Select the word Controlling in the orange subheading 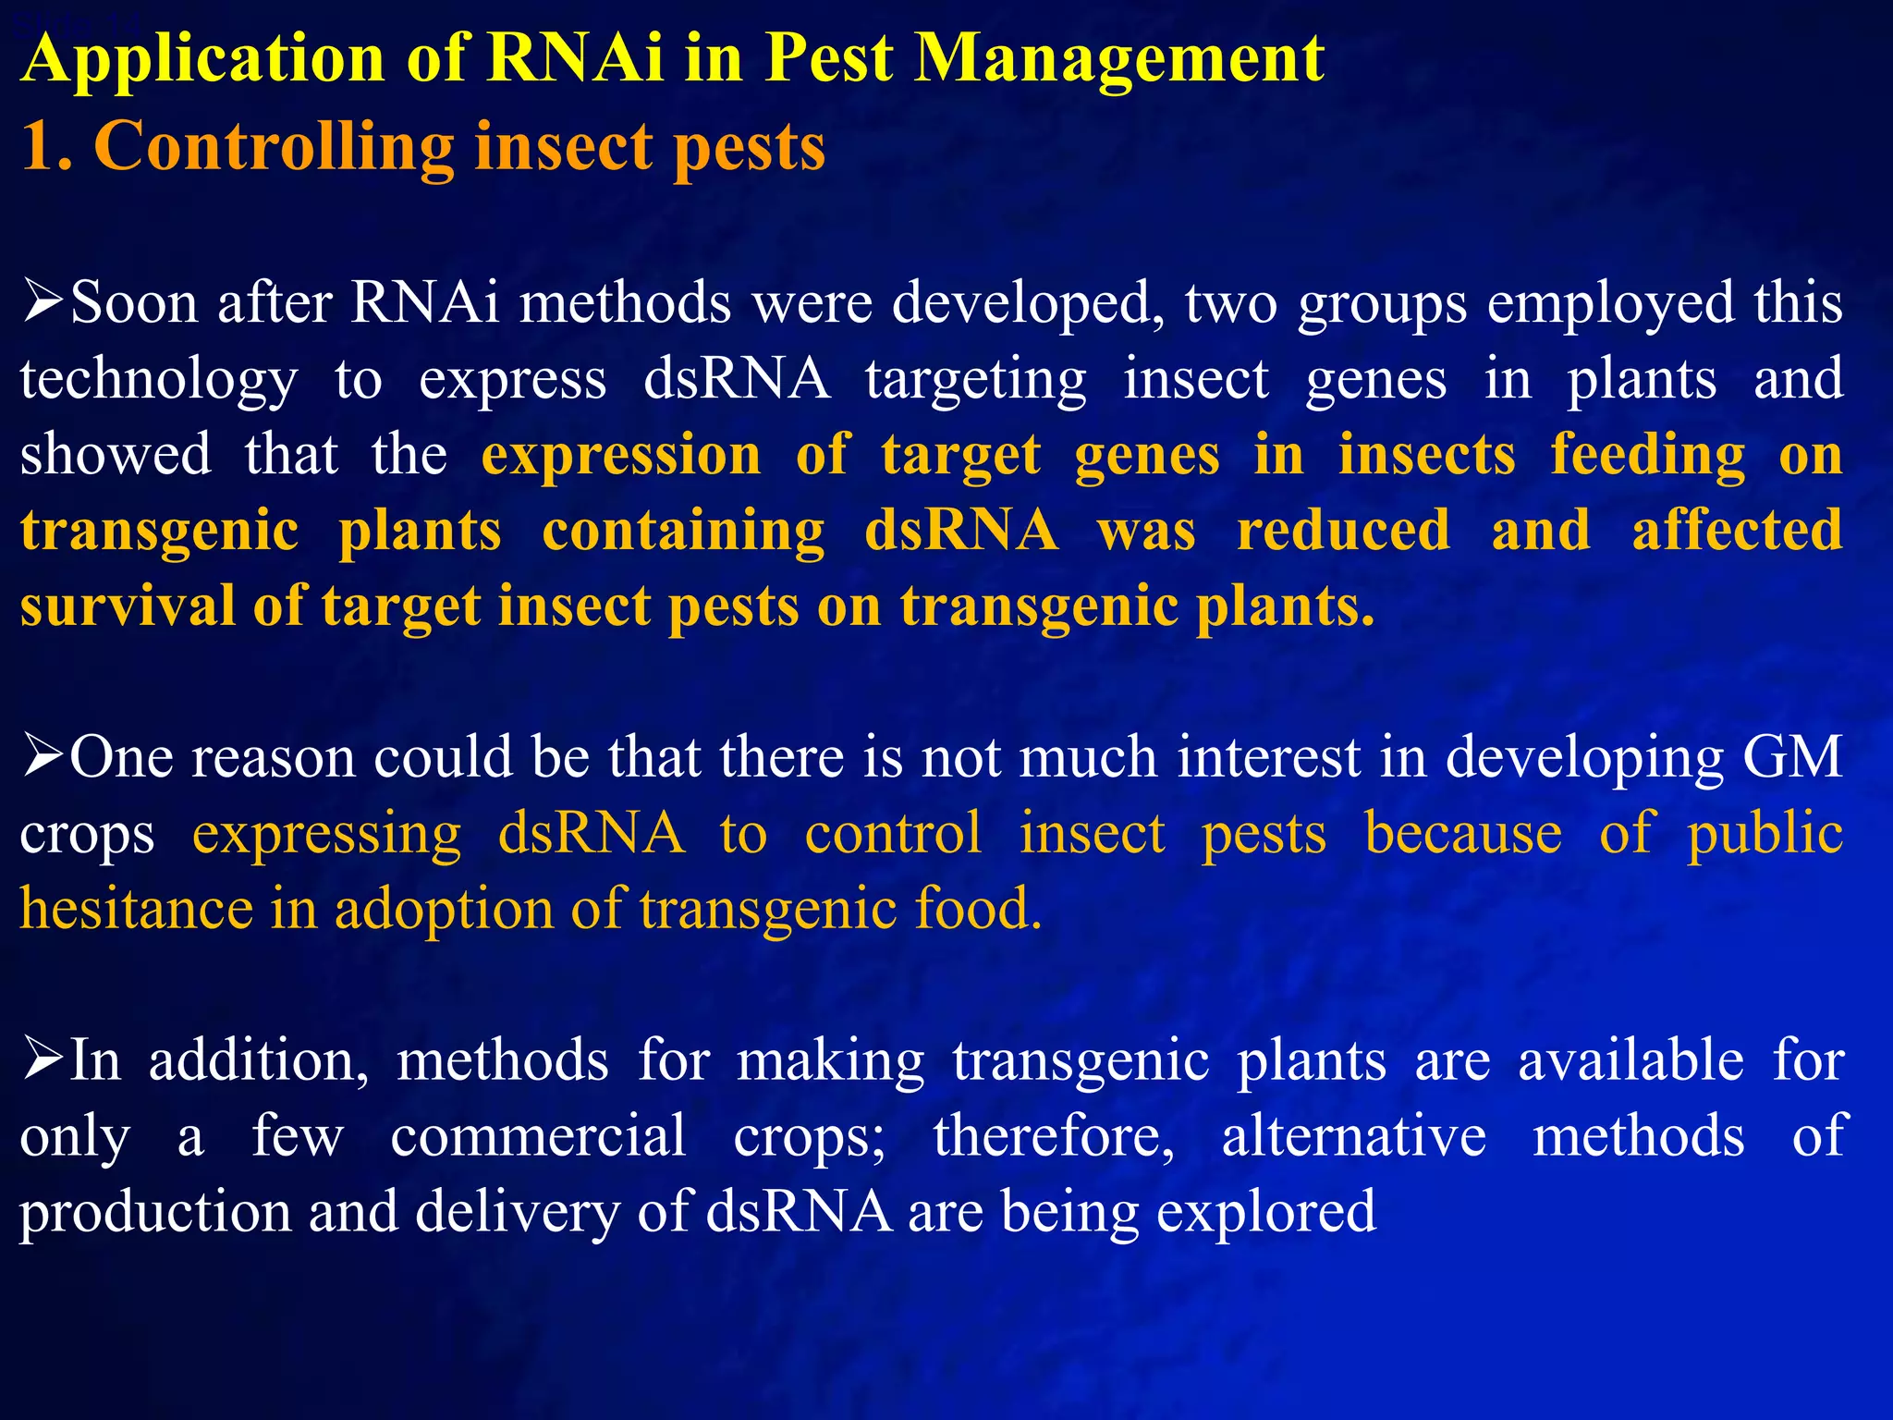[x=274, y=147]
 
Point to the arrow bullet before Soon [x=43, y=301]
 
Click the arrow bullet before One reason [x=43, y=755]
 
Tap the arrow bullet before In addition [x=43, y=1059]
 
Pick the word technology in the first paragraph [x=159, y=380]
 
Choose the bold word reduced [x=1343, y=531]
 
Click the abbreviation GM [x=1792, y=757]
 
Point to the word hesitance [x=136, y=909]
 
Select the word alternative [x=1354, y=1135]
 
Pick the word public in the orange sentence [x=1765, y=833]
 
